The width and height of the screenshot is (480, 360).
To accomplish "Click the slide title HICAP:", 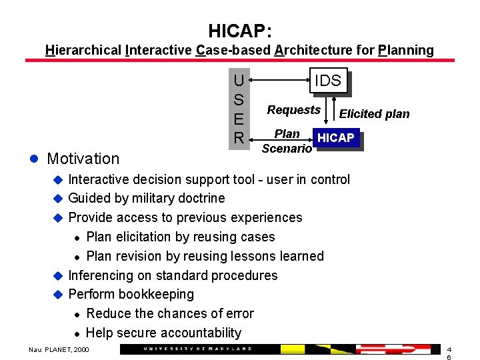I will pos(239,31).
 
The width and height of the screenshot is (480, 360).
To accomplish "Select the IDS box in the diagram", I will pos(327,81).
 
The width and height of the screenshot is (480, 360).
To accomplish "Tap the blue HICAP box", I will pos(336,138).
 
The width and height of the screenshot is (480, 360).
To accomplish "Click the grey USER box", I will pos(238,109).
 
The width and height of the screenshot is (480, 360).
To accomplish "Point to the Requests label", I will pos(293,110).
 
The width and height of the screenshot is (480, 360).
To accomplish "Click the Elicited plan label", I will pos(374,114).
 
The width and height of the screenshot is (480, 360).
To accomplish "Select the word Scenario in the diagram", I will pos(287,149).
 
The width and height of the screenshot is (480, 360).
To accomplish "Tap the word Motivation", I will pos(83,159).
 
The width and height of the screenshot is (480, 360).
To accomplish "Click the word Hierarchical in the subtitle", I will pos(83,50).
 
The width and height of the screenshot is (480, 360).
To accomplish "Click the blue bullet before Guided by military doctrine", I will pos(57,199).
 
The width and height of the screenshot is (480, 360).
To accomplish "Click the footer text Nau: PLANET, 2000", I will pos(58,349).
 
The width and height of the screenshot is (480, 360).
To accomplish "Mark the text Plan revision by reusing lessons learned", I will pos(205,256).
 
